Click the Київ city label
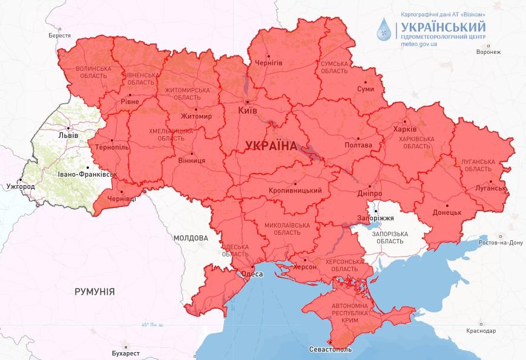(248, 111)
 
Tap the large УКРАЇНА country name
(271, 146)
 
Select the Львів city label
(67, 136)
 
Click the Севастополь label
(330, 350)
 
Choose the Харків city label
(405, 129)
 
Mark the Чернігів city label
(269, 62)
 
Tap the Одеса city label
(252, 274)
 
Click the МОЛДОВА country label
(191, 238)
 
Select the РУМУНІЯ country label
(94, 292)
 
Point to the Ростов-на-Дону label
(500, 243)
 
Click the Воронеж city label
(488, 52)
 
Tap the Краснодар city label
(482, 331)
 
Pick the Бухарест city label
(126, 352)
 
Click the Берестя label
(59, 36)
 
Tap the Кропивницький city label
(295, 191)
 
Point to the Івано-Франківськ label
(87, 174)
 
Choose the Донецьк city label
(447, 213)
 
